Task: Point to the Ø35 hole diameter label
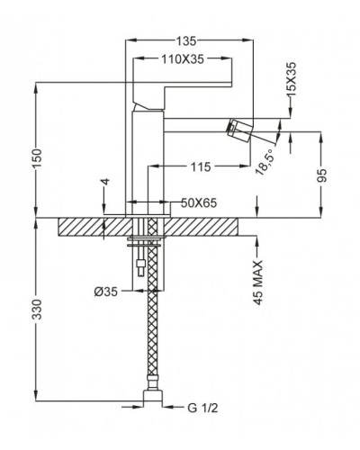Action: pyautogui.click(x=107, y=290)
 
